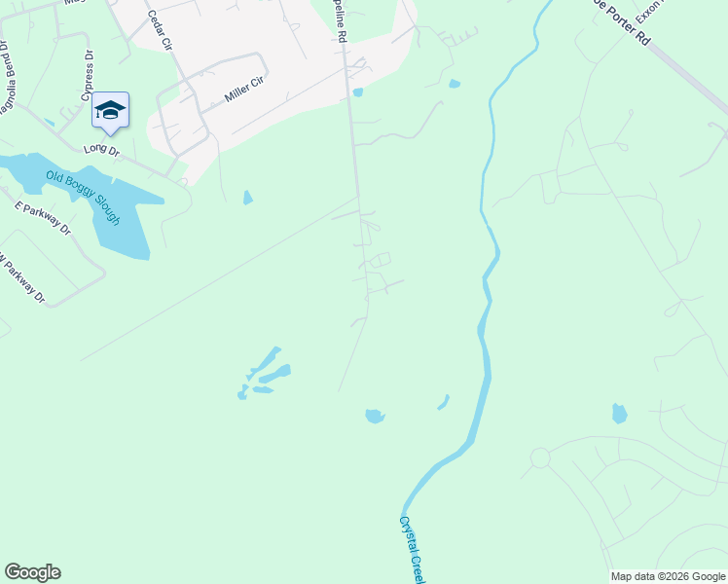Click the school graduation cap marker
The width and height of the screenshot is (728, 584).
(110, 110)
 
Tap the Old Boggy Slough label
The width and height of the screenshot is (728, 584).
(83, 198)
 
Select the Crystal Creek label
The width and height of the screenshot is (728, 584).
(412, 550)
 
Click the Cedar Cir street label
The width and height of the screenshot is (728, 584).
(159, 30)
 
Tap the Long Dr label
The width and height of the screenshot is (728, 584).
(100, 150)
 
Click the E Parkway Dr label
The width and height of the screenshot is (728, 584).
(43, 218)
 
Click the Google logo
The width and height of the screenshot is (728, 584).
(32, 572)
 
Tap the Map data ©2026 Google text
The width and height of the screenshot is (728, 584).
(668, 576)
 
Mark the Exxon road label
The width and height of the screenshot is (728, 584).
(646, 12)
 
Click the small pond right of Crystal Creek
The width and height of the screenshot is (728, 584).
(619, 414)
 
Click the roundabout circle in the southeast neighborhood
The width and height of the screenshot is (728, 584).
(539, 456)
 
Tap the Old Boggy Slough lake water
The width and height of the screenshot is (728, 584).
(122, 229)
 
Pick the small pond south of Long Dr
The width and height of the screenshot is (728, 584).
(247, 198)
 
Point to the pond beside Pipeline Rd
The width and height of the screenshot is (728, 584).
(358, 92)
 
